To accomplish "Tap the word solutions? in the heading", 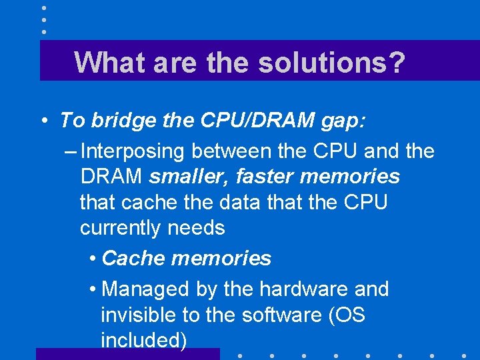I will [x=331, y=62].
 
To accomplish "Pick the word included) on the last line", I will [x=143, y=341].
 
